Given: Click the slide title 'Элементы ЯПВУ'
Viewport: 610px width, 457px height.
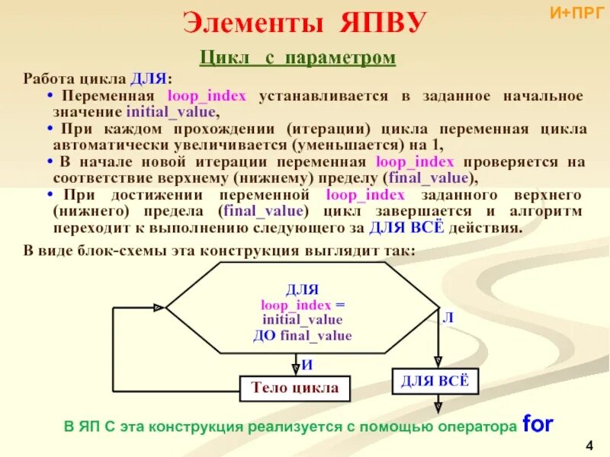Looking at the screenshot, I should tap(304, 24).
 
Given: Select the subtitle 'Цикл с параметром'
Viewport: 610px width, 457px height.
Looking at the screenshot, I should tap(297, 58).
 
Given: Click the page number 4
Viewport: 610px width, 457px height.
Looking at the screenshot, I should tap(589, 444).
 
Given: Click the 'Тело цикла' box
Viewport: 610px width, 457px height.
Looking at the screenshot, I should tap(295, 388).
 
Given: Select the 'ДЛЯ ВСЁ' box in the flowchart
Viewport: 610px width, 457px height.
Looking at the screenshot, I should tap(435, 381).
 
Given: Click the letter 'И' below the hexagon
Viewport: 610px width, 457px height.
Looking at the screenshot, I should tap(307, 365).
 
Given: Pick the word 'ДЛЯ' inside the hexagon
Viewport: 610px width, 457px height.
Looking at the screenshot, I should tap(302, 290).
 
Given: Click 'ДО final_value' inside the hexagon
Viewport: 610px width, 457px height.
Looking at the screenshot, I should tap(302, 335).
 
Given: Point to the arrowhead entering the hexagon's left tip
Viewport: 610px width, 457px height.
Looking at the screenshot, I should tap(159, 308).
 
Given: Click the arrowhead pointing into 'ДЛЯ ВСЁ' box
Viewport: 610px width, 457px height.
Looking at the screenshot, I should tap(437, 362).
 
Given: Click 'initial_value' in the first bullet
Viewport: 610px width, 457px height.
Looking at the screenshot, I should tap(178, 111).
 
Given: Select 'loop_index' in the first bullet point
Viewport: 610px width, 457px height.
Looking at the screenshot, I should tap(211, 96).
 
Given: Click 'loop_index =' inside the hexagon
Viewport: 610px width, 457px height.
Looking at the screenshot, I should tap(302, 305).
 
